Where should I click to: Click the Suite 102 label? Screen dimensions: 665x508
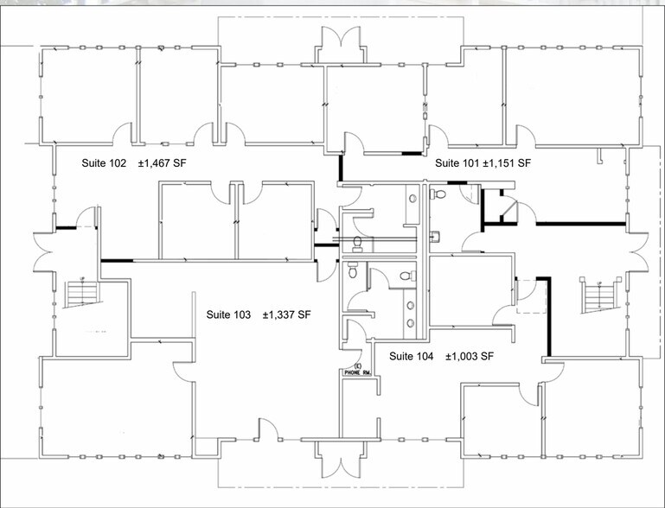pyautogui.click(x=104, y=163)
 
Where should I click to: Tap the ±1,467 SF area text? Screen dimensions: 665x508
pyautogui.click(x=162, y=163)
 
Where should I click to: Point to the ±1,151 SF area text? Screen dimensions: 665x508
pyautogui.click(x=507, y=163)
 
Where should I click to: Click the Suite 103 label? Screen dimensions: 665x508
pyautogui.click(x=228, y=314)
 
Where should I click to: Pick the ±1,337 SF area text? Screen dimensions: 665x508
pyautogui.click(x=287, y=314)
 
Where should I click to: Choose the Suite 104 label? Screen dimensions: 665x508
pyautogui.click(x=412, y=356)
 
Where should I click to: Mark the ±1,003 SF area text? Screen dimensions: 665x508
pyautogui.click(x=470, y=356)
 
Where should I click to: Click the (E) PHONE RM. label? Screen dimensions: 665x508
pyautogui.click(x=358, y=370)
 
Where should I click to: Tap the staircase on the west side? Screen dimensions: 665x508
pyautogui.click(x=82, y=292)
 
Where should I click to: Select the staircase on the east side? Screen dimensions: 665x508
pyautogui.click(x=600, y=296)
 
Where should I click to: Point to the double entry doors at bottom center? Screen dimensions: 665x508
pyautogui.click(x=341, y=460)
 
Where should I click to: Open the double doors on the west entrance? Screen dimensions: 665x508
pyautogui.click(x=44, y=252)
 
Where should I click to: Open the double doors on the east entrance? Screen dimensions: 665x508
pyautogui.click(x=639, y=252)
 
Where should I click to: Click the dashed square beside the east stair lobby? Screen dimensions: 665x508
pyautogui.click(x=532, y=296)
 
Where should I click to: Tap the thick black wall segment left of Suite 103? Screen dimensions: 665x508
pyautogui.click(x=117, y=261)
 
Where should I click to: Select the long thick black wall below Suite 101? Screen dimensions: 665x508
pyautogui.click(x=581, y=223)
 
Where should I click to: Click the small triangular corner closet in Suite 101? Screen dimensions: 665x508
pyautogui.click(x=509, y=210)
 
